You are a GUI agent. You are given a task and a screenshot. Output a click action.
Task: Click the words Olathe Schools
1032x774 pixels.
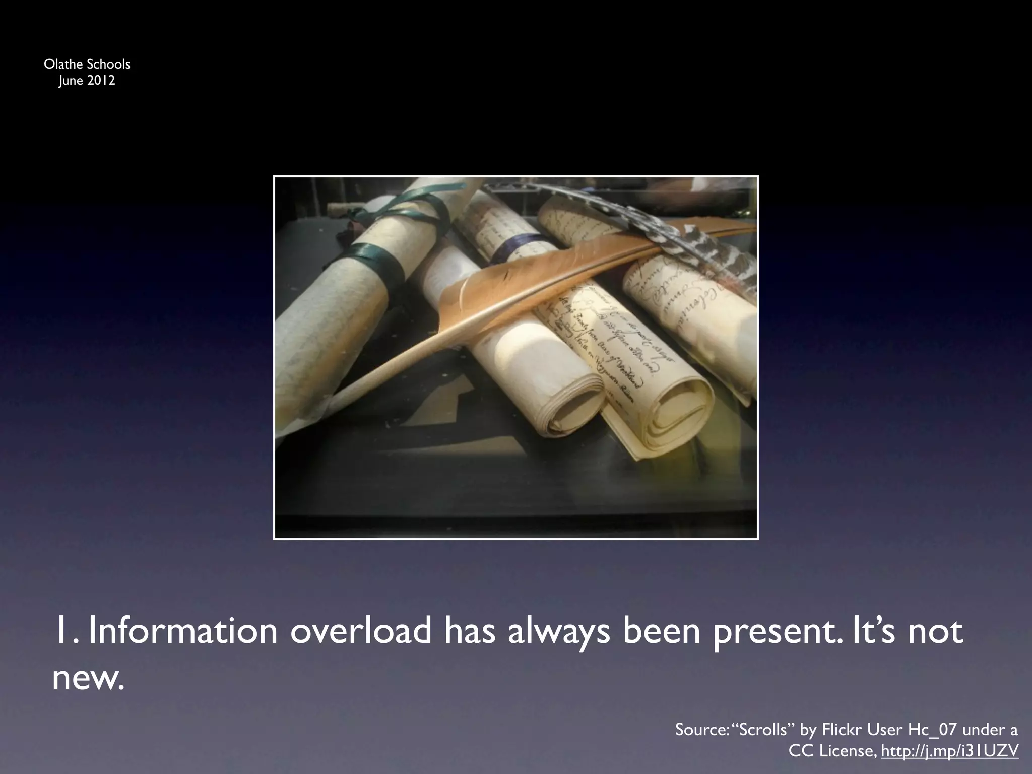[87, 64]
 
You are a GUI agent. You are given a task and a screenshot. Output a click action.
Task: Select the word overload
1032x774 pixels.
[361, 631]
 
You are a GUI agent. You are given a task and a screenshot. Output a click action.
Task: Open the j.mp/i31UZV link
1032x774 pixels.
[949, 751]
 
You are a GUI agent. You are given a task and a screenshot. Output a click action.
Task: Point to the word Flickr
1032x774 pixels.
[842, 729]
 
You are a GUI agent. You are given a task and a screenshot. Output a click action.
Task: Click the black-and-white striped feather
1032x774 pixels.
[705, 242]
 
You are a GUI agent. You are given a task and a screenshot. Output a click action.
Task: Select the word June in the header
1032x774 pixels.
[70, 80]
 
